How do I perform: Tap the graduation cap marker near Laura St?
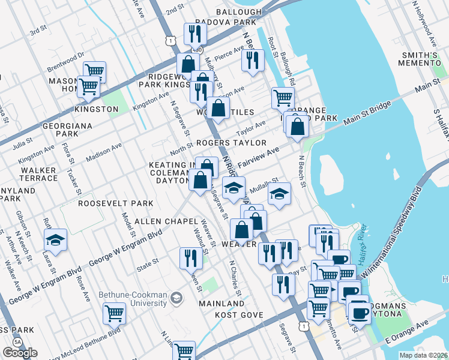[55, 240]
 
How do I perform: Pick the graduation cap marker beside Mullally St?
[279, 194]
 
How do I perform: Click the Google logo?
[20, 353]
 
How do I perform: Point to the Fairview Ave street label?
[259, 158]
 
